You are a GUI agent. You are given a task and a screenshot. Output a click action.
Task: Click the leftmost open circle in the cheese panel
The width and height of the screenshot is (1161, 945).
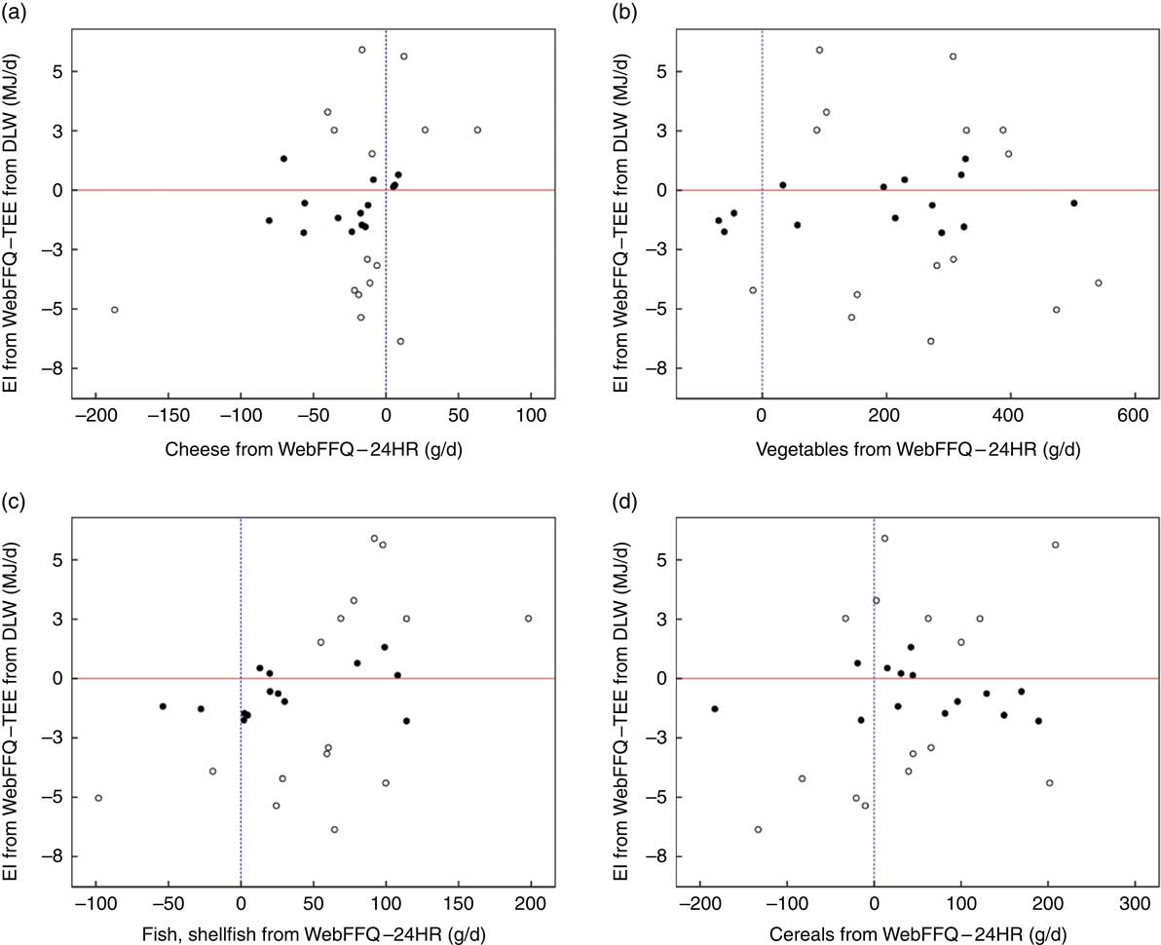click(x=114, y=310)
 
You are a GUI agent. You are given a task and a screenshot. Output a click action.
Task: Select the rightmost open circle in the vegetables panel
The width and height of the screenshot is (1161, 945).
click(x=1099, y=283)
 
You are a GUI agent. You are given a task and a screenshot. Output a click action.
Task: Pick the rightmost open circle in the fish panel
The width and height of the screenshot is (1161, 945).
click(x=529, y=619)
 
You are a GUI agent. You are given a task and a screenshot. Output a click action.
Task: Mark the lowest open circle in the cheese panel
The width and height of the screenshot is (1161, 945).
click(x=400, y=341)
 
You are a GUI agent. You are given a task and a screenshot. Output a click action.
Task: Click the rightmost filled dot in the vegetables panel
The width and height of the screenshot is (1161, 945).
click(x=1073, y=203)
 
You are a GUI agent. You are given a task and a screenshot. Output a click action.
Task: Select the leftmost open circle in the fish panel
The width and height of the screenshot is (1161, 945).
click(x=98, y=798)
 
